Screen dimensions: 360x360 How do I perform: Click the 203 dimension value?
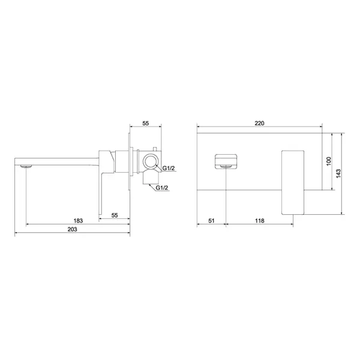[x=73, y=229]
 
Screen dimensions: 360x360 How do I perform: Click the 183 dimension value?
[x=78, y=221]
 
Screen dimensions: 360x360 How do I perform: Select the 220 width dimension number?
[x=259, y=123]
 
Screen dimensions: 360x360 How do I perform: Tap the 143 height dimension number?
[x=338, y=173]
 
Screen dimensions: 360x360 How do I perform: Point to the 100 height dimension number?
[x=329, y=161]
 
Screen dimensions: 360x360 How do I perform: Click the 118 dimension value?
[x=260, y=221]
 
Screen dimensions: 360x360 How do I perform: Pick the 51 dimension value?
[x=211, y=221]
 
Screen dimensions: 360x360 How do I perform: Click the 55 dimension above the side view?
[x=146, y=123]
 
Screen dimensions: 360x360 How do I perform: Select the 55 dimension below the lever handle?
[x=115, y=215]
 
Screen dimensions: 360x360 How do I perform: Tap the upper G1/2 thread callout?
[x=169, y=168]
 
